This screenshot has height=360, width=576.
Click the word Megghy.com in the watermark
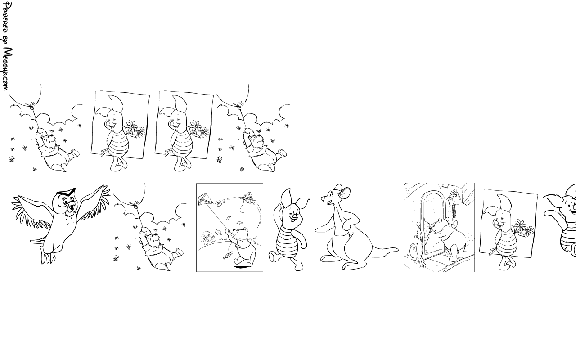click(x=8, y=69)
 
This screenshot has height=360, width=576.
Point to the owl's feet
click(x=48, y=256)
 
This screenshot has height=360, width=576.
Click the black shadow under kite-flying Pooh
click(x=241, y=267)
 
